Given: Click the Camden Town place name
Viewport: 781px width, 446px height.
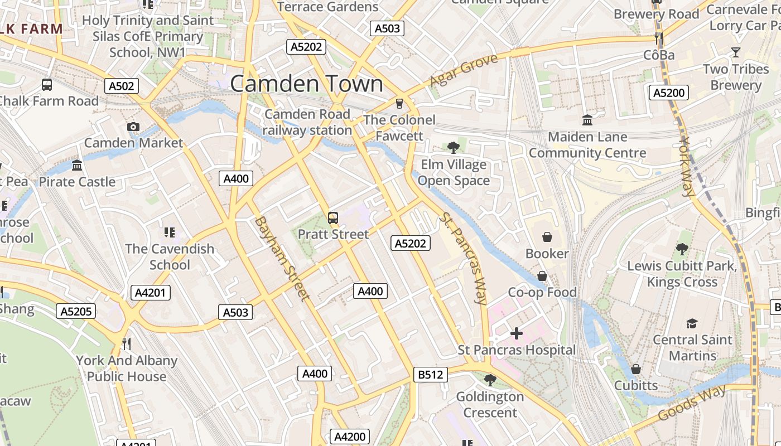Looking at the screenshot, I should tap(306, 84).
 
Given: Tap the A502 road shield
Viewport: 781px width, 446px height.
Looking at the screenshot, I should tap(121, 86).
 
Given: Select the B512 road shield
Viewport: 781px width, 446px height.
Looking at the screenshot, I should tap(431, 375).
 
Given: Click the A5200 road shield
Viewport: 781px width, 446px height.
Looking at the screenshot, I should tap(668, 93).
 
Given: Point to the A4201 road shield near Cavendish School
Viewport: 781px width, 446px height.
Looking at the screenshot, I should tap(151, 293).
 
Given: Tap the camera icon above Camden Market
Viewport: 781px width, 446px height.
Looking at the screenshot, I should tap(133, 127).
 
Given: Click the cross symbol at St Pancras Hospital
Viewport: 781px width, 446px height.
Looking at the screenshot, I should tap(517, 333).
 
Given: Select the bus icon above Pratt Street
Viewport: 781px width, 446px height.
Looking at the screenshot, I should tap(333, 218).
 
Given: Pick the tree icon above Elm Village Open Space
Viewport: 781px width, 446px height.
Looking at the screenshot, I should tap(453, 148).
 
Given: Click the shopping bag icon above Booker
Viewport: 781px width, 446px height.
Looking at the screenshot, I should tap(547, 237).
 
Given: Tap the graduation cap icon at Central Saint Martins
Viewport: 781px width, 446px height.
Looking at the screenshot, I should tap(692, 323).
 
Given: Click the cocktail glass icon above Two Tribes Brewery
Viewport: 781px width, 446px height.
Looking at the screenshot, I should tap(736, 52).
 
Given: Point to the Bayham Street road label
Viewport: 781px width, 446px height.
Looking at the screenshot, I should tap(282, 259).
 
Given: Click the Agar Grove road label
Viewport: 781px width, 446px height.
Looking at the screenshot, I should tap(463, 71).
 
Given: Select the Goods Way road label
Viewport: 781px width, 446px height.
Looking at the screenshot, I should tap(692, 403).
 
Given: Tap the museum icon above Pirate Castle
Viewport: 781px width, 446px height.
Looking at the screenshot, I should tap(77, 166).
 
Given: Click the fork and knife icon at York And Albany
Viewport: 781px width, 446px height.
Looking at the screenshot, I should tap(127, 343).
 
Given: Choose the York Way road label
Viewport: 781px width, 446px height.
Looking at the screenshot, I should tap(688, 166).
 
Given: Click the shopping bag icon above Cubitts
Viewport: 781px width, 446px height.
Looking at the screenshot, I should tap(635, 369).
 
